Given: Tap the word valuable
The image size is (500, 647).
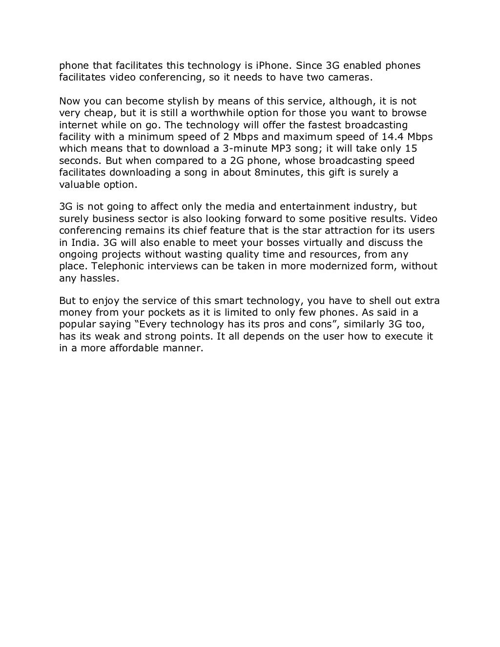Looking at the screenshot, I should click(78, 184).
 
